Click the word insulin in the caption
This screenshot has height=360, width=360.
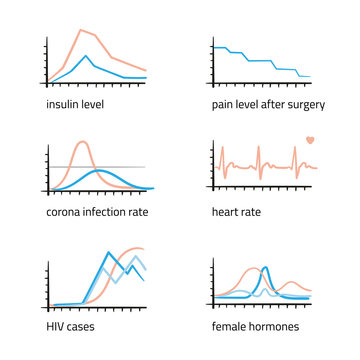[x=62, y=104]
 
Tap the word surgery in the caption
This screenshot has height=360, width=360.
[x=290, y=104]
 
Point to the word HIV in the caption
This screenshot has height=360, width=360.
[x=56, y=326]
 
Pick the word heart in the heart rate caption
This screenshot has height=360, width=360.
[x=226, y=212]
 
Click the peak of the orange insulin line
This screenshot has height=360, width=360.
[x=81, y=30]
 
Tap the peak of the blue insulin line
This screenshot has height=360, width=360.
[x=87, y=56]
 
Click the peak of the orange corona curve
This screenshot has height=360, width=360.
[x=82, y=141]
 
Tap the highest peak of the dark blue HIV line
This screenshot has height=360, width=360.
[x=109, y=251]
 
